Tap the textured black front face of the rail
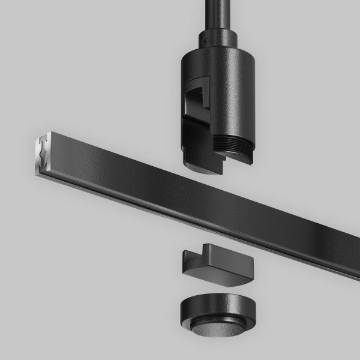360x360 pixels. pyautogui.click(x=180, y=192)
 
